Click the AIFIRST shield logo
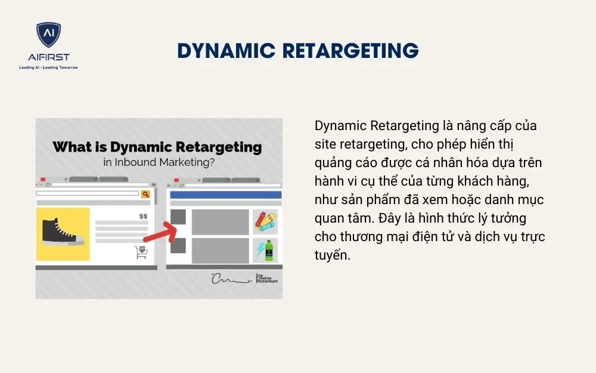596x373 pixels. [x=48, y=35]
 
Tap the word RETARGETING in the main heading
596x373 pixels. [x=350, y=50]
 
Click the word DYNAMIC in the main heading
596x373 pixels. [x=226, y=50]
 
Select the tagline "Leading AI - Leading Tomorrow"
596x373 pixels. [x=48, y=67]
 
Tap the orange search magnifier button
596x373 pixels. [x=145, y=193]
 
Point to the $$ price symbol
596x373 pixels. [x=143, y=216]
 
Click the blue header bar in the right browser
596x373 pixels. [x=226, y=195]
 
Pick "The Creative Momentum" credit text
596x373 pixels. [x=266, y=278]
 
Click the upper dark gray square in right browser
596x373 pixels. [x=178, y=217]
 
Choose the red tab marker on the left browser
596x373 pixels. [x=43, y=180]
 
